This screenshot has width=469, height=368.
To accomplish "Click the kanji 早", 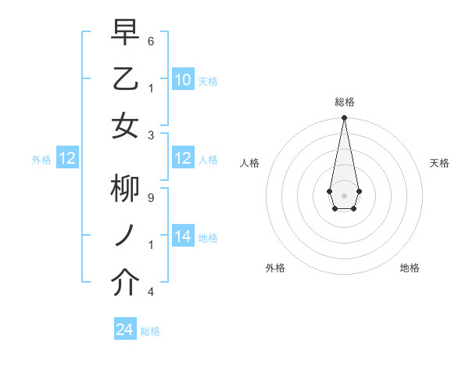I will (x=125, y=33).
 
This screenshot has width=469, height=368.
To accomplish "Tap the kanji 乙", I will (x=125, y=79).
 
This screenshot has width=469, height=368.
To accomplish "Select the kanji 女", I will (x=125, y=125).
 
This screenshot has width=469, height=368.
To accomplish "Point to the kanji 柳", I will (x=125, y=190).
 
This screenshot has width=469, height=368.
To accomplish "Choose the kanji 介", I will (x=125, y=283).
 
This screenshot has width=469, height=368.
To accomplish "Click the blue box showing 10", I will (x=183, y=80).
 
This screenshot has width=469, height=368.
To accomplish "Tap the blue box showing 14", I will (x=183, y=236).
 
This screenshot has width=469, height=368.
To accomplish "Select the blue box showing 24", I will (x=125, y=330).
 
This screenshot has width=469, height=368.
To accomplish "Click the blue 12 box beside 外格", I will (x=67, y=159).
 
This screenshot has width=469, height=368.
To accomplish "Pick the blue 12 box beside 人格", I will (x=183, y=159).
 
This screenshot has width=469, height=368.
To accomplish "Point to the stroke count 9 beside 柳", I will (x=151, y=197).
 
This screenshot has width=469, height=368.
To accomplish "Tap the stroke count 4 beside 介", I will (x=151, y=291).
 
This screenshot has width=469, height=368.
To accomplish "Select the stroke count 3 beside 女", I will (x=151, y=134).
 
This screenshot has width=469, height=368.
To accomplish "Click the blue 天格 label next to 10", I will (x=208, y=81).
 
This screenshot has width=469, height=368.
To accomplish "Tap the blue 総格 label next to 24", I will (x=150, y=331).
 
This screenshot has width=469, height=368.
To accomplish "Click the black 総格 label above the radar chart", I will (x=344, y=102).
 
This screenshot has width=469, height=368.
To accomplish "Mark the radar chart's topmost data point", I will (x=344, y=118).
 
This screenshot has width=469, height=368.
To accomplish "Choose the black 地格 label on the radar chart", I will (x=410, y=268).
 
